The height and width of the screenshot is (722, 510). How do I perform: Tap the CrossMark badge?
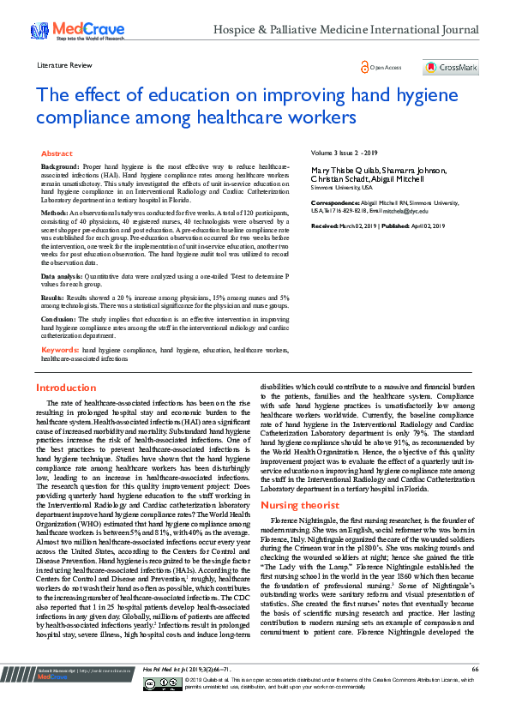[x=451, y=67]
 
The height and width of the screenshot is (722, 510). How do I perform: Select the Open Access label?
[x=383, y=67]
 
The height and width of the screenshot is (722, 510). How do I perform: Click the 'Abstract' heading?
[x=57, y=151]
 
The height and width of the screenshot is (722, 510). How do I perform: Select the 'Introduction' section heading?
[x=65, y=388]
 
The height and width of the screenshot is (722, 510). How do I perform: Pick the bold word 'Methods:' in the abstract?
[x=54, y=211]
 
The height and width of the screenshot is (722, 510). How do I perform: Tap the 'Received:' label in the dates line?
[x=326, y=225]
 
